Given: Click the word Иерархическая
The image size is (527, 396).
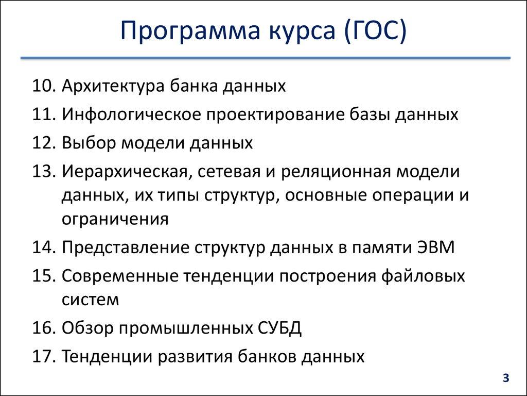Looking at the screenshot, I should coord(123,171).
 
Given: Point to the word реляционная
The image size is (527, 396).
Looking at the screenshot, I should coord(335,171).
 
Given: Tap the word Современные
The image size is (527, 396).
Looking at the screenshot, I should coord(119,276).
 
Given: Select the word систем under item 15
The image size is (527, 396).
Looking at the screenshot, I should coord(90,300).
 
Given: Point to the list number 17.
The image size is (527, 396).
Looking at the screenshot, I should coord(44,356).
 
